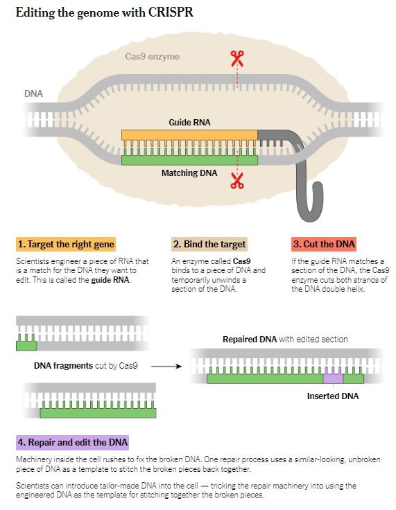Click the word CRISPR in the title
click(x=171, y=12)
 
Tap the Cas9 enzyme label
click(x=152, y=57)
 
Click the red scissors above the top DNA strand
click(x=237, y=58)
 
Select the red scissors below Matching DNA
click(x=237, y=181)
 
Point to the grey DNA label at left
click(x=33, y=94)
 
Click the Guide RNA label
click(x=189, y=122)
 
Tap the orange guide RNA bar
click(x=189, y=135)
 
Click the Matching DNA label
click(x=189, y=173)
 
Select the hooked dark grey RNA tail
click(x=305, y=182)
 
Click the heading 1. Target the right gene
click(x=66, y=245)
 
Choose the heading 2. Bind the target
click(x=209, y=245)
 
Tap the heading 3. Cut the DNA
click(x=324, y=245)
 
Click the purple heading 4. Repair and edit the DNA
click(x=72, y=442)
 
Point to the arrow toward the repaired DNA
click(x=166, y=367)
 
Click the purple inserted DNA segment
click(x=333, y=377)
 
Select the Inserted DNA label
click(x=333, y=396)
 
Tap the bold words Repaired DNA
click(x=250, y=340)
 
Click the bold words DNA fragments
click(x=64, y=366)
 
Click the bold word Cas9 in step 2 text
click(x=242, y=261)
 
